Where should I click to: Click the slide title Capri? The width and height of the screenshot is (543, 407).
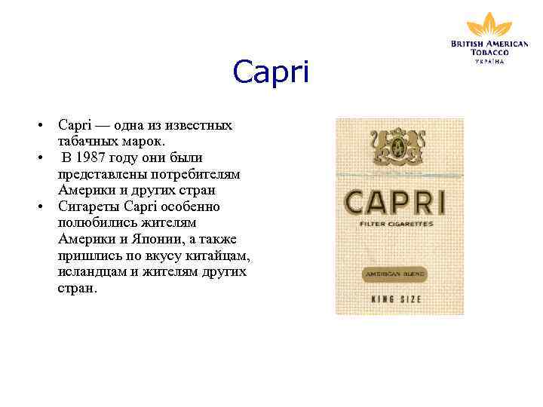271,73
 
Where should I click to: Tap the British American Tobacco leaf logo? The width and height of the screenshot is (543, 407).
489,24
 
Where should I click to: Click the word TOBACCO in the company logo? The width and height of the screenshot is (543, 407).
489,52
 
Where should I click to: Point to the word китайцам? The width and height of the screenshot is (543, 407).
216,256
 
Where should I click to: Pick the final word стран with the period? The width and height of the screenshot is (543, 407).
78,288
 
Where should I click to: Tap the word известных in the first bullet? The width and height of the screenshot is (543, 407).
198,124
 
